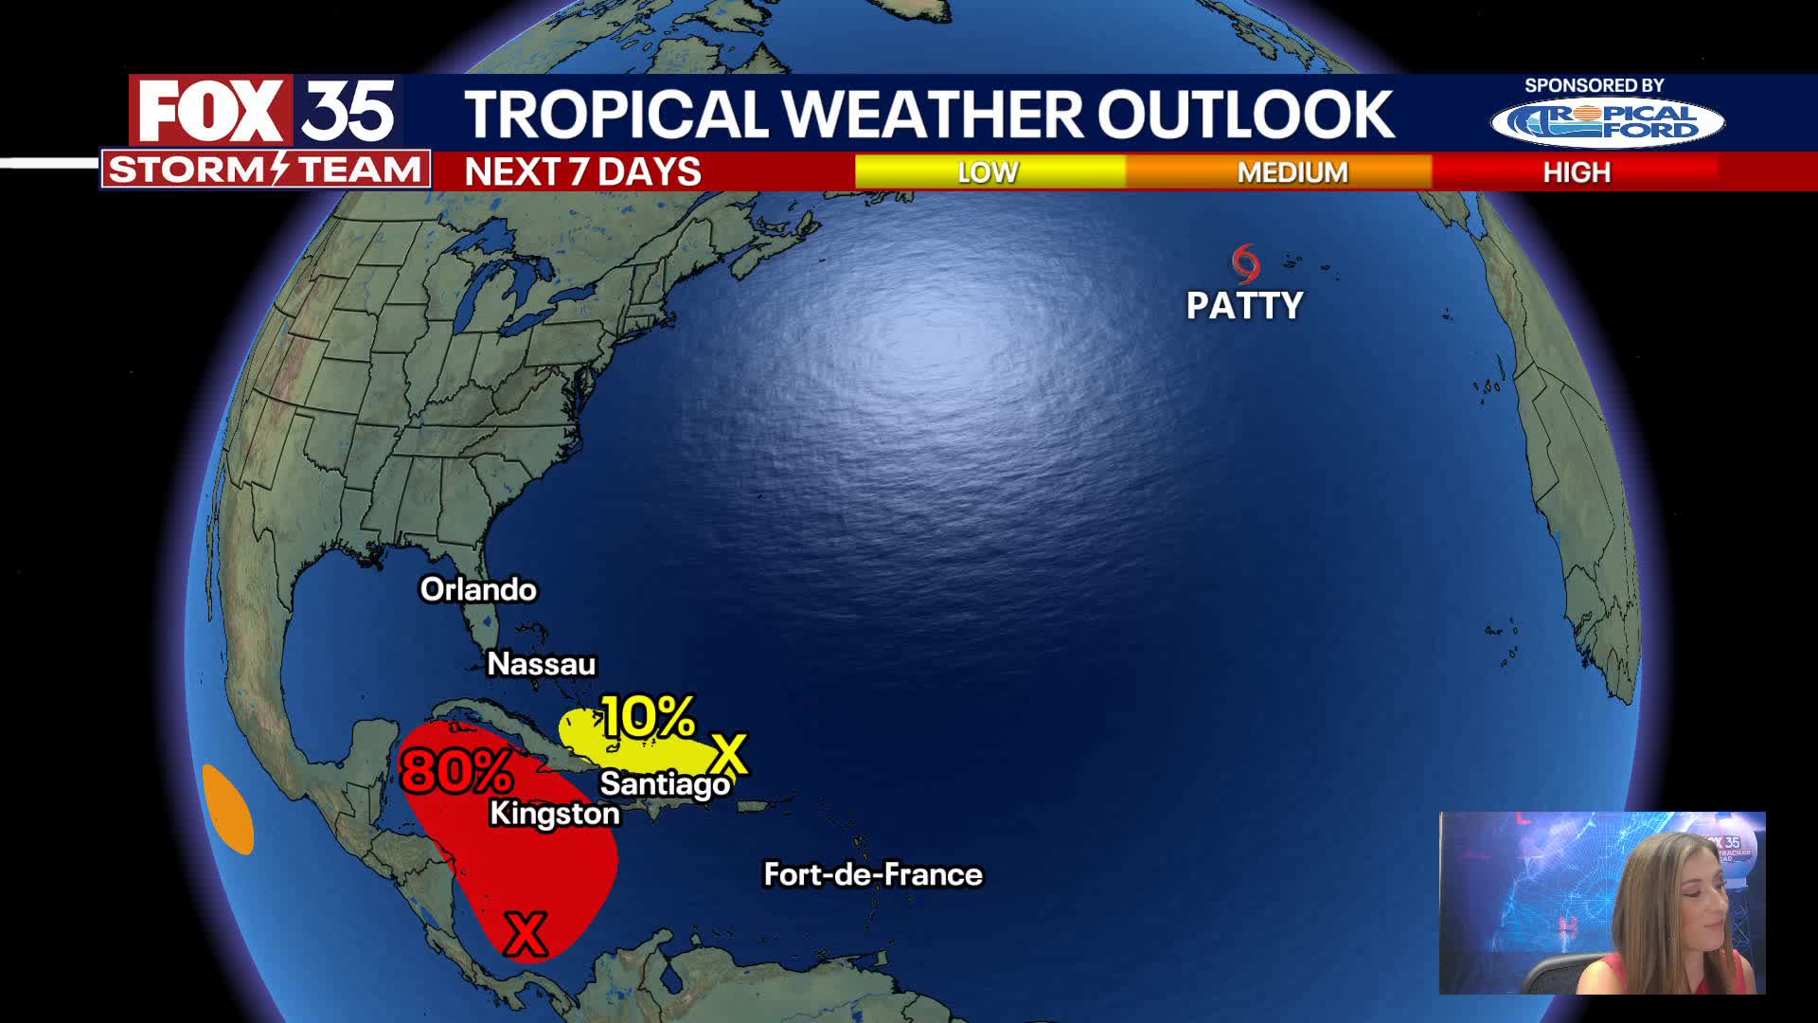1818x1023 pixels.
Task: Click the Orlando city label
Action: point(478,589)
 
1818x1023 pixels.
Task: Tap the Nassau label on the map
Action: point(541,664)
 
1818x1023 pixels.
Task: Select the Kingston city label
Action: point(554,814)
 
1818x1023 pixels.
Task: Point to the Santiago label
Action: point(665,783)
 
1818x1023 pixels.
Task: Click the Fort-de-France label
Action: point(873,874)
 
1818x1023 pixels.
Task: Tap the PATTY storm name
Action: point(1244,306)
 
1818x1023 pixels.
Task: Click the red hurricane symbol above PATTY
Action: point(1246,263)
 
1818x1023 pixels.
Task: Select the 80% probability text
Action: point(456,770)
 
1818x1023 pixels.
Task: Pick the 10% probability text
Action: point(649,717)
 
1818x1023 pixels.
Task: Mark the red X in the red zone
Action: point(526,934)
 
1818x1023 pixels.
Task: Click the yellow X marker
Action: point(729,754)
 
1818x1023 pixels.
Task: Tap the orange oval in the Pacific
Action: point(228,809)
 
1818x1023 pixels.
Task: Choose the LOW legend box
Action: point(989,172)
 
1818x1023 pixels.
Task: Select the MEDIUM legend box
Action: point(1292,172)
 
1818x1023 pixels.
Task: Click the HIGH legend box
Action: point(1576,172)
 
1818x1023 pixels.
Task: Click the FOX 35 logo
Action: point(266,111)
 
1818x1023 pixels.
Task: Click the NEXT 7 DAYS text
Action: point(582,172)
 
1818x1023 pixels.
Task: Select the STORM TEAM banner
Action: point(265,170)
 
